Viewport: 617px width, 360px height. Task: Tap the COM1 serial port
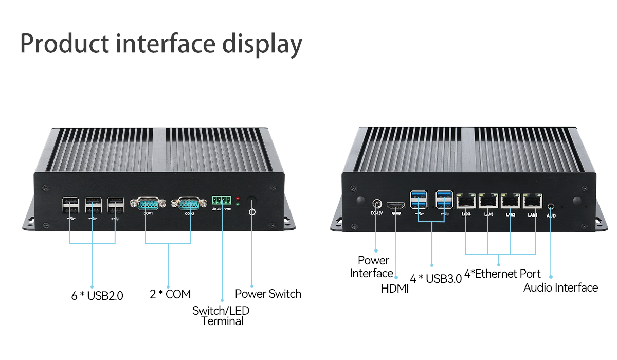coord(148,204)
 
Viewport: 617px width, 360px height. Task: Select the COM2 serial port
coord(189,204)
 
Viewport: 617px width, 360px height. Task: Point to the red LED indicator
coord(238,198)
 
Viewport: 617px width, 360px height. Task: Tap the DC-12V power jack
coord(377,202)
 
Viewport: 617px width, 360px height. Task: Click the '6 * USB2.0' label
coord(97,296)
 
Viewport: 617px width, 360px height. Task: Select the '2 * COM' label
coord(170,294)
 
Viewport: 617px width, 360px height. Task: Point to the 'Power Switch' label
coord(268,294)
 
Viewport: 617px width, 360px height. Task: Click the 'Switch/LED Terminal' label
coord(221,316)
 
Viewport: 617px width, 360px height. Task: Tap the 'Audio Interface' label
coord(560,287)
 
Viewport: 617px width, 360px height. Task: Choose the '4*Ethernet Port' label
coord(502,274)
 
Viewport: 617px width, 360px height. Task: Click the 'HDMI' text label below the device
coord(394,289)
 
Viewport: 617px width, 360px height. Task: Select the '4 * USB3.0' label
coord(436,279)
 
